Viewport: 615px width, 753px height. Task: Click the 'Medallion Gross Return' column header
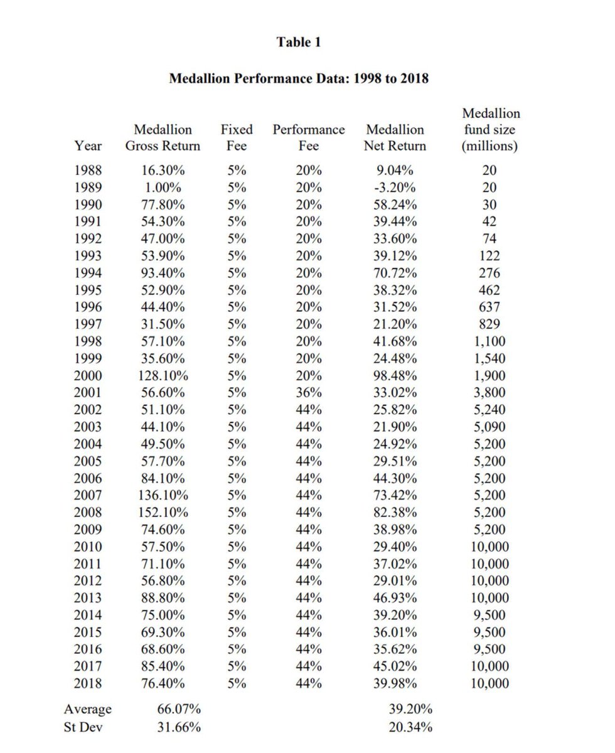point(163,137)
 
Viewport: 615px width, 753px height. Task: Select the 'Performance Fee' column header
point(308,137)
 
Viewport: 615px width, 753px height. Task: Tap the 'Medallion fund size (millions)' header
point(491,130)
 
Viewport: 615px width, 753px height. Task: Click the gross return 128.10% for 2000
point(163,376)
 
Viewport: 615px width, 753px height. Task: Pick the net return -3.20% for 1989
point(395,188)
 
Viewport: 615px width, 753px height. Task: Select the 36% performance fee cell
point(308,393)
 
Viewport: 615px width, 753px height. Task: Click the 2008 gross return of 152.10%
point(163,513)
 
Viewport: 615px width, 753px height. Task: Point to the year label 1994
point(88,273)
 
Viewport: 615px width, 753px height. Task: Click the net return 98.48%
point(395,376)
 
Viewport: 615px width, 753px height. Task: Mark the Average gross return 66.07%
point(178,710)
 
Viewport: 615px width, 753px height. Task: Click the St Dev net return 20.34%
point(410,727)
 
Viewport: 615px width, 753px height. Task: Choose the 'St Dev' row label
point(83,727)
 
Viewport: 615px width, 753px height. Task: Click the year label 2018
point(88,683)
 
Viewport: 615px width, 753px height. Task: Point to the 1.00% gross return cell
point(163,188)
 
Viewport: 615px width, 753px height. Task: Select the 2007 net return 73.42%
point(395,496)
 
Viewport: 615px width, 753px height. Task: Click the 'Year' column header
point(88,146)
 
